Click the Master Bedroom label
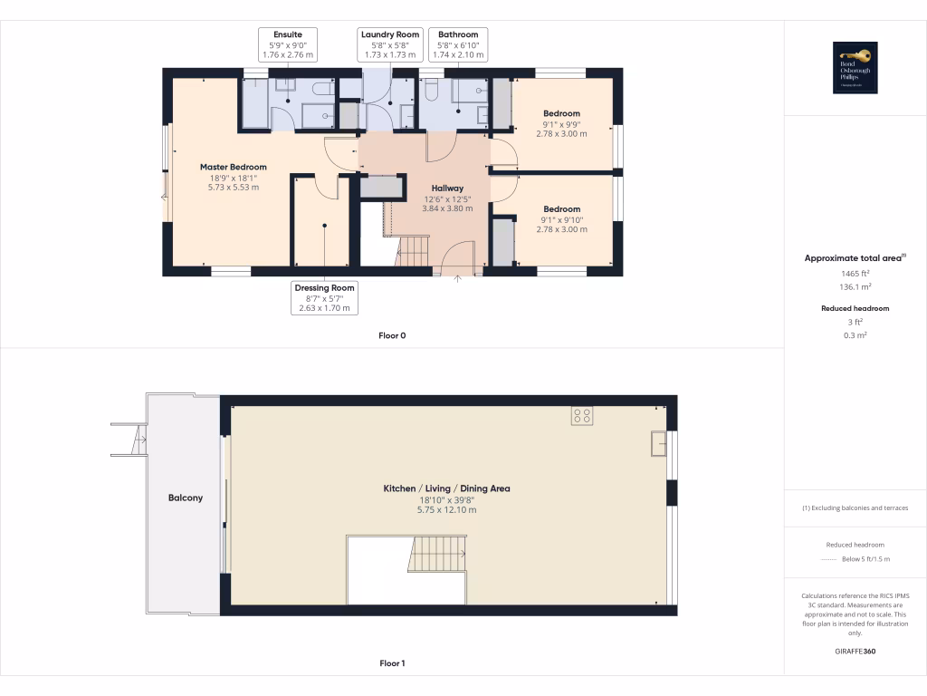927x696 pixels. (234, 167)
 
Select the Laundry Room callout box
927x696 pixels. (390, 44)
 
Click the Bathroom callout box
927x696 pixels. (460, 44)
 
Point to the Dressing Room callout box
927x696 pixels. (324, 297)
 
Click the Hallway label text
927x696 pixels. (447, 188)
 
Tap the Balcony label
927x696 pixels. (186, 498)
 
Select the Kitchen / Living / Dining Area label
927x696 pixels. (446, 488)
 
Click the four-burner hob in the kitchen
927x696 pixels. (582, 416)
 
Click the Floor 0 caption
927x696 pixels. (392, 335)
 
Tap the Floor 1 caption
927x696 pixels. (392, 663)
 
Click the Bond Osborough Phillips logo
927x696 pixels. (855, 68)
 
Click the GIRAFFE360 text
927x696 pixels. (855, 651)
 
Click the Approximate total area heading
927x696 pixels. (854, 258)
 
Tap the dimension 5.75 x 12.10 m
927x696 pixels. (446, 510)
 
